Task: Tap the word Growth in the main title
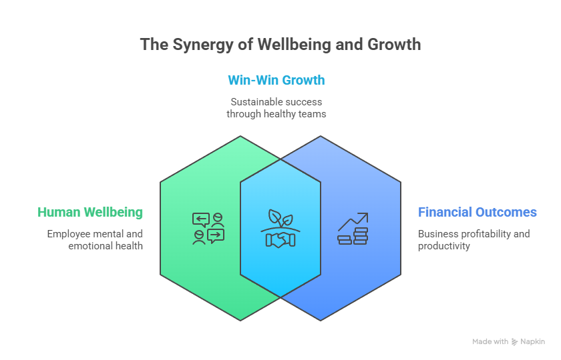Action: pos(395,45)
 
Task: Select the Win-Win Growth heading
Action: pos(276,81)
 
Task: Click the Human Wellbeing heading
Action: pos(90,213)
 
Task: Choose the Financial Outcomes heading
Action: pos(477,213)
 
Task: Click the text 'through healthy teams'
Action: pos(276,114)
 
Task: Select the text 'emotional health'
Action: pos(106,246)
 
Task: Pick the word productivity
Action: pos(444,246)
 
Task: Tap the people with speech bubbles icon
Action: pos(208,229)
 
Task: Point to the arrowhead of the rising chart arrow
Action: pos(365,216)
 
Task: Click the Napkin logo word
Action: pos(534,341)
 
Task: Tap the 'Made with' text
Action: pos(490,341)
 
